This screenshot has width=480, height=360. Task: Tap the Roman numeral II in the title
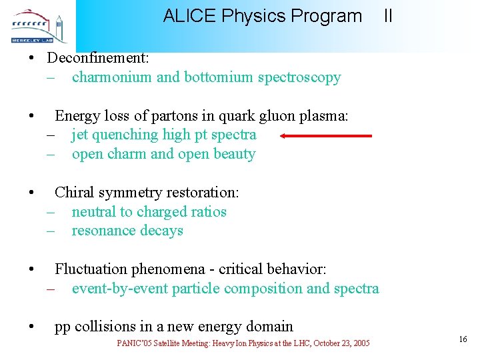388,16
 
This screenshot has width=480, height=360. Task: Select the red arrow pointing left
326,136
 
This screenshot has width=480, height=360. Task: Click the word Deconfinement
98,58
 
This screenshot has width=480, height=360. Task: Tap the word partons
169,116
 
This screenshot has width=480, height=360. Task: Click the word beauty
234,154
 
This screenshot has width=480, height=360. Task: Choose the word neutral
93,212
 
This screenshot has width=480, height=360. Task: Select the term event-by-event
120,289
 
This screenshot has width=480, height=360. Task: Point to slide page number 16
463,340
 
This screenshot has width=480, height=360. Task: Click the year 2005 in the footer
361,343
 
